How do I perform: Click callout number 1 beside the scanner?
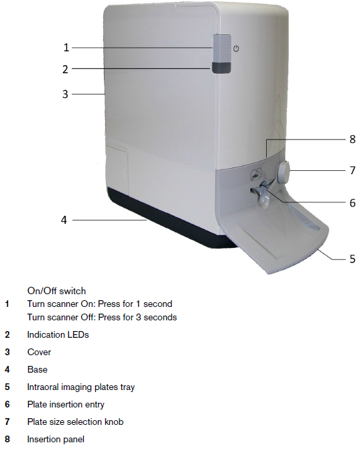[66, 48]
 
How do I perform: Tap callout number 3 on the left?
[65, 94]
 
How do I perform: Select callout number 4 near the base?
[64, 220]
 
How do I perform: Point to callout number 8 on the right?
[353, 139]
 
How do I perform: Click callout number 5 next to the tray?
[353, 259]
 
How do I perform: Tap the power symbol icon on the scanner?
[236, 48]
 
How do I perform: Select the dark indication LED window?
[221, 68]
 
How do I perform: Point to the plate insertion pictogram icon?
[257, 175]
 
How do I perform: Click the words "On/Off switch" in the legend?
[56, 291]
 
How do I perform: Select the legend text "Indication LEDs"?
[58, 335]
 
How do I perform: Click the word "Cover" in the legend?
[39, 352]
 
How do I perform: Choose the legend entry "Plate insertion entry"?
[66, 405]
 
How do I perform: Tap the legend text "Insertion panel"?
[56, 439]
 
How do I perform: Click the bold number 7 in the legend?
[7, 422]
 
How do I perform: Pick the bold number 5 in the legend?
[7, 387]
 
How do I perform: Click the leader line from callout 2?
[142, 69]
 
